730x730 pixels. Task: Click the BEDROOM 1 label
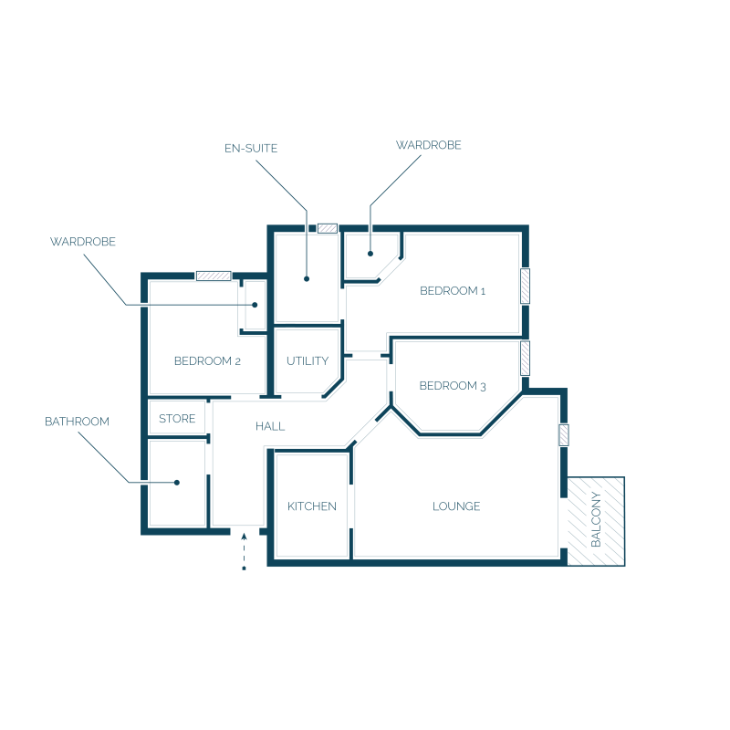[453, 291]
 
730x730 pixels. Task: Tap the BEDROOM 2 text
[207, 361]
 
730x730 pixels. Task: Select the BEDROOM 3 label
[453, 386]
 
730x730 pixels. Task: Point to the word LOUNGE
[456, 506]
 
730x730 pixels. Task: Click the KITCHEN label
[312, 506]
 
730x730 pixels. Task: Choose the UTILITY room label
[308, 361]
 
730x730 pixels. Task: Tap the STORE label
[177, 419]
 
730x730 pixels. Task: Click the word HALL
[270, 426]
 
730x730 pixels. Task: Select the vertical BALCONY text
[596, 519]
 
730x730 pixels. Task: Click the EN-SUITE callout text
[251, 149]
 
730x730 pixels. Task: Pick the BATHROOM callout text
[77, 422]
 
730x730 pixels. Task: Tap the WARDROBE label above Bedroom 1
[428, 145]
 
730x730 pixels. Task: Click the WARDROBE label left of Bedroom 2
[83, 242]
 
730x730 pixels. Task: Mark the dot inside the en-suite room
[307, 279]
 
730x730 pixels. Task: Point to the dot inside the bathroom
[176, 483]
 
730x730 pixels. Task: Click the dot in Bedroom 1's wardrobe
[370, 254]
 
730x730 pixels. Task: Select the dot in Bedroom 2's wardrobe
[255, 305]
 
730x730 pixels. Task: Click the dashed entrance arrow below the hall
[244, 552]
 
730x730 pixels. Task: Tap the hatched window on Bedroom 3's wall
[526, 358]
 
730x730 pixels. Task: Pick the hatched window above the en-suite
[328, 229]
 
